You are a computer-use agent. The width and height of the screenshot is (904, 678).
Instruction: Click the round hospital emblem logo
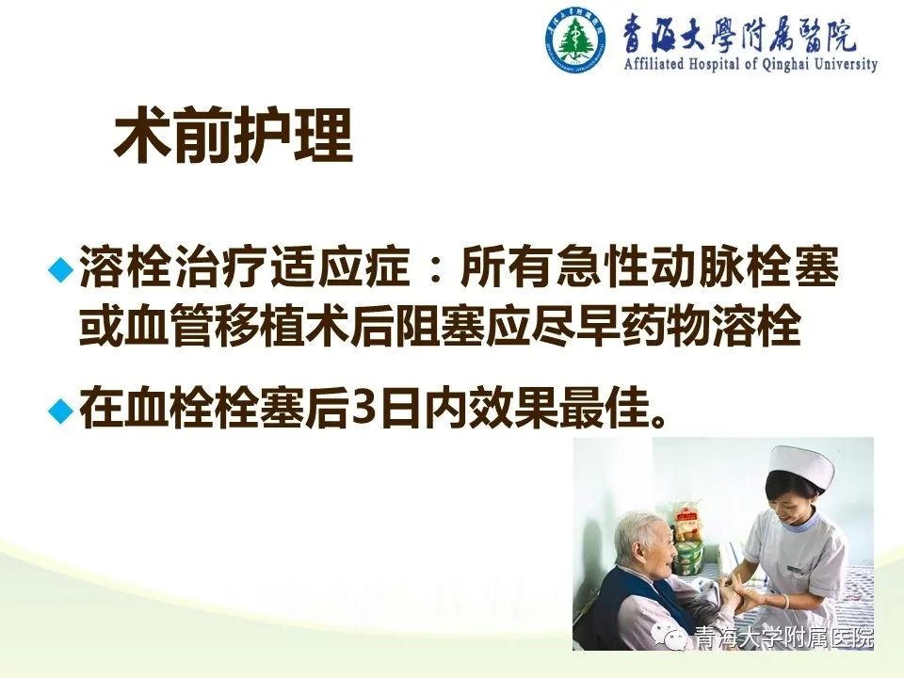574,40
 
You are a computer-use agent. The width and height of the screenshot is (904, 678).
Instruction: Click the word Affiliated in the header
654,63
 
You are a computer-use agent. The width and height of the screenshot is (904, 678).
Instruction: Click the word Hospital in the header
714,63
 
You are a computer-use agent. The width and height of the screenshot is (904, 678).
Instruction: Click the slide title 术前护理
233,135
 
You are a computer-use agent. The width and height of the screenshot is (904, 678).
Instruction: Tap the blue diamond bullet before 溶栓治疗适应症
61,270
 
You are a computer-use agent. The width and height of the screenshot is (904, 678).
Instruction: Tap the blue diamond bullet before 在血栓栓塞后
61,411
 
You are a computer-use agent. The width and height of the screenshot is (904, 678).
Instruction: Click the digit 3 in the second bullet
361,410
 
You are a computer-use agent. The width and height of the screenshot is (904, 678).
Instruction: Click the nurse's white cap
802,467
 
